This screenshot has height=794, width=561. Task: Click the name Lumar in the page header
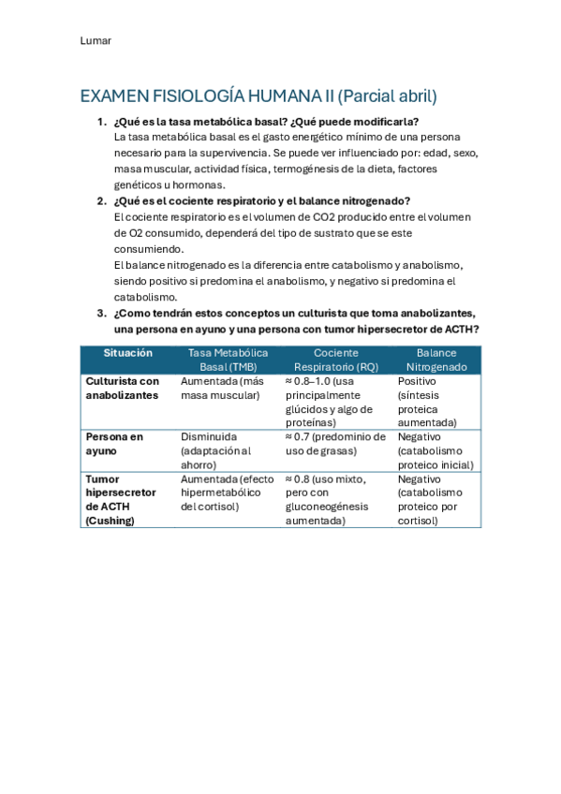coord(95,40)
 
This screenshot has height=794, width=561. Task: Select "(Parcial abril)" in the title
coord(387,96)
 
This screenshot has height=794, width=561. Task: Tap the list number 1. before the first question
coord(101,122)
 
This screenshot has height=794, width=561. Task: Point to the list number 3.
coord(101,313)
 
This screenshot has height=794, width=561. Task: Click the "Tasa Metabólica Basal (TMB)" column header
coord(228,360)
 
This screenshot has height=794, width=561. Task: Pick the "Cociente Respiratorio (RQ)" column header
coord(335,360)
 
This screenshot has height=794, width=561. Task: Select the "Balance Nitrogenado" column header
coord(436,360)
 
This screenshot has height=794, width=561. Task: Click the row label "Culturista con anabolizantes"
coord(123,389)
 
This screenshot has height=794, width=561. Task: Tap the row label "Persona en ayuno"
coord(114,444)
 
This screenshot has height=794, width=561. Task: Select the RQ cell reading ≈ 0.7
coord(334,444)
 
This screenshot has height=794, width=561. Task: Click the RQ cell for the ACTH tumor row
coord(332,499)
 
